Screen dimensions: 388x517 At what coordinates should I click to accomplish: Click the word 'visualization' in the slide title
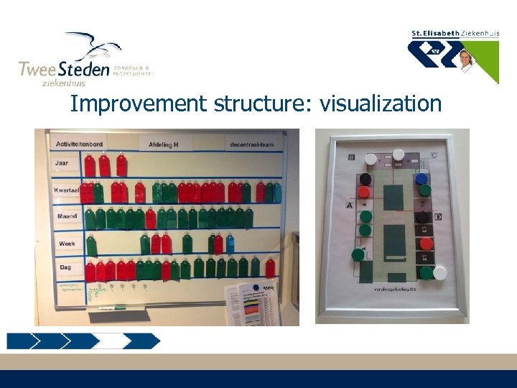coord(381,104)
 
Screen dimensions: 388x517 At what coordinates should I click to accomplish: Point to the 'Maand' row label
coord(67,216)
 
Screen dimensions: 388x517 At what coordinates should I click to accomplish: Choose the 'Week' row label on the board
coord(67,244)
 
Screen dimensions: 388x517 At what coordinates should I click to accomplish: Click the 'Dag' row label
coord(65,267)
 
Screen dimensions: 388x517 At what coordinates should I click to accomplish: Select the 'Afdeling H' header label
coord(164,144)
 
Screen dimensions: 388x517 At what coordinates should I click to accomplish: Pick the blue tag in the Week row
coord(230,245)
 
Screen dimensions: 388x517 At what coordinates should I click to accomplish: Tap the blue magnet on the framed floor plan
coord(421,179)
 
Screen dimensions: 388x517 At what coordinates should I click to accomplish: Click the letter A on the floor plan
coord(350,205)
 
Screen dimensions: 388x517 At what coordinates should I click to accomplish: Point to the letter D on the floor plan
coord(437,216)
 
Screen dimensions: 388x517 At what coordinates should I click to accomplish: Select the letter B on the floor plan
coord(351,156)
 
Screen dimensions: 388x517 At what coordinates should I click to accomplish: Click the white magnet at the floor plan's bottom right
coord(439,272)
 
